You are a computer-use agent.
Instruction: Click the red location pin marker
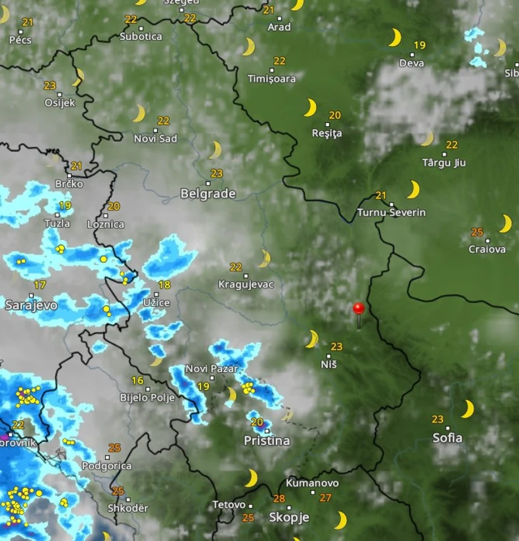pos(358,308)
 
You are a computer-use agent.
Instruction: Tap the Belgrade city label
pos(208,194)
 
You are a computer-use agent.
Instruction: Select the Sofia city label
pos(447,438)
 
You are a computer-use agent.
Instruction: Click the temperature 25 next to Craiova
pos(478,232)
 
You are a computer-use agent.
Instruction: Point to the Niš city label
pos(328,364)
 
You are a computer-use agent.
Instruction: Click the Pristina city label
pos(267,441)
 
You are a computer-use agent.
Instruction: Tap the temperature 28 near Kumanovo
pos(279,498)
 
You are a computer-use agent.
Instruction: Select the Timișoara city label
pos(271,78)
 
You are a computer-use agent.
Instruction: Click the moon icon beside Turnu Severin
pos(413,190)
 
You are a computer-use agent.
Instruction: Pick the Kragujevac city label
pos(246,285)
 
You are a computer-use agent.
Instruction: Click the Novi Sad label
pos(155,139)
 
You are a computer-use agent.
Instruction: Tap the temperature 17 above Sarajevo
pos(40,285)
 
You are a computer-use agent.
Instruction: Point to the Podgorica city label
pos(106,466)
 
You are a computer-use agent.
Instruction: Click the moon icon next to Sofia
pos(467,409)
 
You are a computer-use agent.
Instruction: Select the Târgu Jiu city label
pos(445,162)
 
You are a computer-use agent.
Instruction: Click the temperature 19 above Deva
pos(419,45)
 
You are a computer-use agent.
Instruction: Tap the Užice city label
pos(156,302)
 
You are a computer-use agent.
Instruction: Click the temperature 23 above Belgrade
pos(217,174)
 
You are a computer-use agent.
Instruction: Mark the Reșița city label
pos(327,133)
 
